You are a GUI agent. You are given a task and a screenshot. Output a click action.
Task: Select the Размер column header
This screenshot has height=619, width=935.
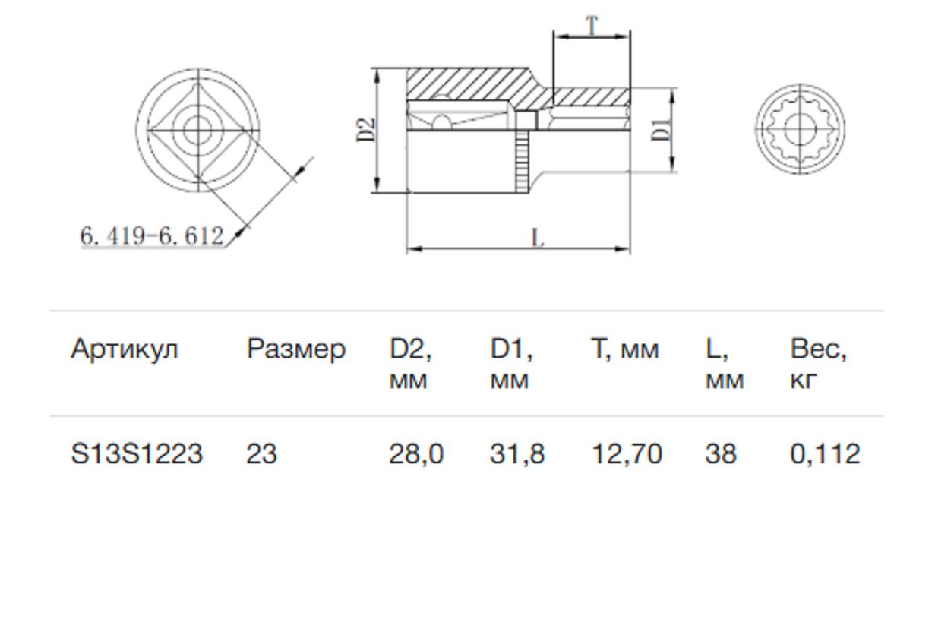pos(295,349)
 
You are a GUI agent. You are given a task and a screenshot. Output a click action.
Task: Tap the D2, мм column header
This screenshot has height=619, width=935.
pos(411,364)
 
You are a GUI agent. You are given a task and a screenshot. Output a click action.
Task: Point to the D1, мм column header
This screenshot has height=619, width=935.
pos(511,364)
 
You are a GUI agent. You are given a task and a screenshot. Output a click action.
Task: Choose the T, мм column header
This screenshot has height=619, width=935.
pos(625,349)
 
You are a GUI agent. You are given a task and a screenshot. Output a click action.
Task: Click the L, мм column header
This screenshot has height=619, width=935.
pos(724,364)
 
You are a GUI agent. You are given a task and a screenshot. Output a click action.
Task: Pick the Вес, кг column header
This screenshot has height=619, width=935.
pos(818,364)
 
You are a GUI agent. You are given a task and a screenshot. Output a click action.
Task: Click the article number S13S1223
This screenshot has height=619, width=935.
pos(137,454)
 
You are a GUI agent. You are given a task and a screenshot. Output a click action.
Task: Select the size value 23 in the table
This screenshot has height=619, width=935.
pos(261,454)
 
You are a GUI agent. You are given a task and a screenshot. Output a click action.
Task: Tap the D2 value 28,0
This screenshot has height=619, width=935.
pos(416,454)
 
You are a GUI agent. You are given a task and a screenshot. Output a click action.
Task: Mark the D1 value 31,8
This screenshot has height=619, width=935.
pos(517,454)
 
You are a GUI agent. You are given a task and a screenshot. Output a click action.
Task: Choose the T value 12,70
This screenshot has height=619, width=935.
pos(627,454)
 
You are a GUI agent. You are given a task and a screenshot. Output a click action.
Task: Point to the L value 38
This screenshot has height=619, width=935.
pos(720,454)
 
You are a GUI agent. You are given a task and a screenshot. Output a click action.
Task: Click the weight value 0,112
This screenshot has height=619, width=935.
pos(825,454)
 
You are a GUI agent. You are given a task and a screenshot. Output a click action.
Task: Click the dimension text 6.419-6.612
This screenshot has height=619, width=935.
pos(152,236)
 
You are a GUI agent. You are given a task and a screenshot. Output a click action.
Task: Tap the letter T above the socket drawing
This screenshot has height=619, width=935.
pos(592,26)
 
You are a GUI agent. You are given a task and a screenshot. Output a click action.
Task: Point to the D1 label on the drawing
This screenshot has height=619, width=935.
pos(661,129)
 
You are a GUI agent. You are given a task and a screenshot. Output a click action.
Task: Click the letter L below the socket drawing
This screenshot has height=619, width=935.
pos(538,238)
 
